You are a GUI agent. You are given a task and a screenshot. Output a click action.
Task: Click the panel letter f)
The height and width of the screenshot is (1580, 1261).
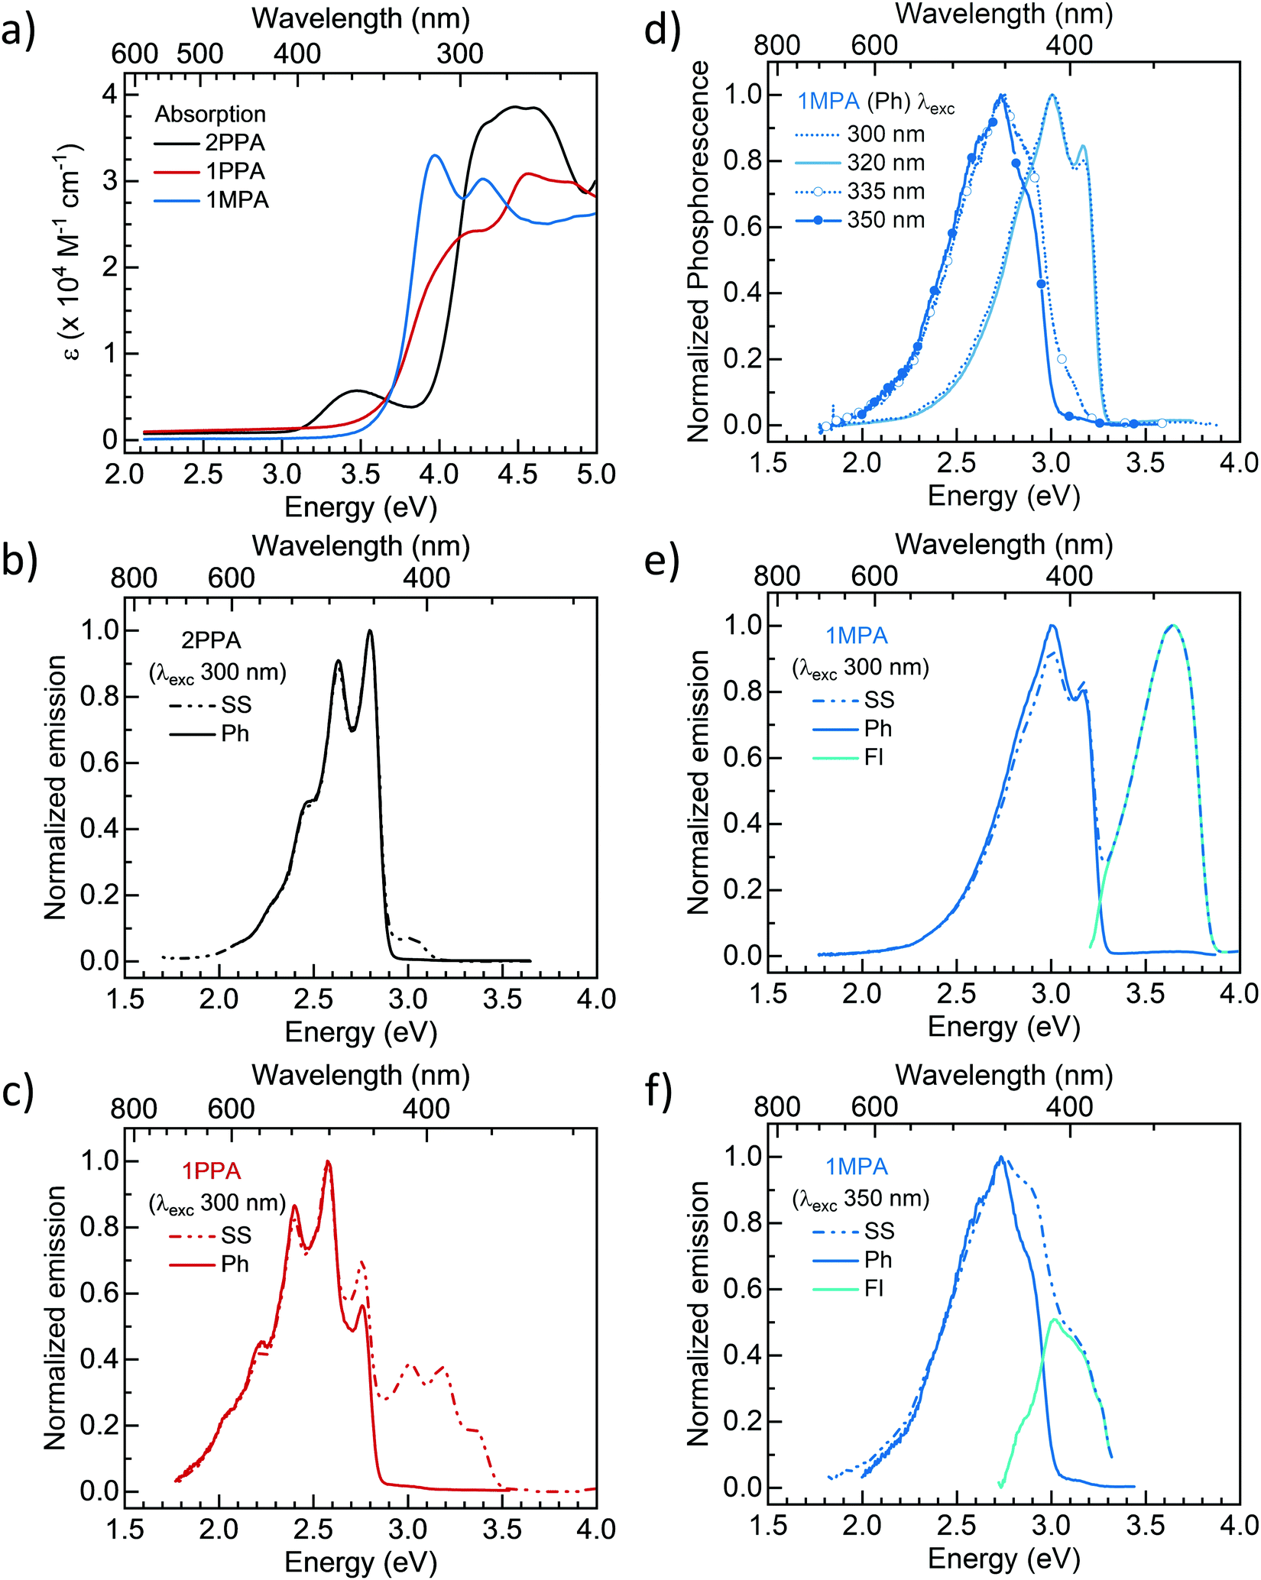[x=659, y=1094]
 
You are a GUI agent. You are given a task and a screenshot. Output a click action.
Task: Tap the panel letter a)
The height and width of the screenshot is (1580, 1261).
[x=18, y=34]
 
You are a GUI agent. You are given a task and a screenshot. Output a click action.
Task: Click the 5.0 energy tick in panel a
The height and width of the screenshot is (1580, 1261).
[x=596, y=474]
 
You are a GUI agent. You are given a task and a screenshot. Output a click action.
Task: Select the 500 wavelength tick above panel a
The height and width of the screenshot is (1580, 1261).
[x=200, y=53]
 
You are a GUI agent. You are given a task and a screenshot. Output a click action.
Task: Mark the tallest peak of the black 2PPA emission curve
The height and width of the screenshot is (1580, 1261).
[x=371, y=631]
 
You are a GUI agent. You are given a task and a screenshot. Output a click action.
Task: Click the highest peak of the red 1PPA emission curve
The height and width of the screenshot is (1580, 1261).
[x=328, y=1162]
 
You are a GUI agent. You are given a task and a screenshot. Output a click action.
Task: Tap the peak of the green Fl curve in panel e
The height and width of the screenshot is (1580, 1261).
[x=1173, y=626]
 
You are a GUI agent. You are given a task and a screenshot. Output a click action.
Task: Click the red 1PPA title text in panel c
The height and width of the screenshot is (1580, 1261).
[x=211, y=1170]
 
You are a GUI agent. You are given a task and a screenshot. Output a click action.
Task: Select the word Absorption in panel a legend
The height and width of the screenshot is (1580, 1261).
[x=210, y=114]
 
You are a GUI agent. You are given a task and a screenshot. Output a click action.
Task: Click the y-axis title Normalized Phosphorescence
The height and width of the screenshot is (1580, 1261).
[x=699, y=252]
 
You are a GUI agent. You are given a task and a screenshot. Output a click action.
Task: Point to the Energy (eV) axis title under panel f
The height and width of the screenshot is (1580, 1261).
[x=1003, y=1559]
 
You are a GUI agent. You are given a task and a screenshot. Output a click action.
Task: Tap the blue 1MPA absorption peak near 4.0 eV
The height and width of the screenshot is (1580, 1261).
[x=435, y=155]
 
